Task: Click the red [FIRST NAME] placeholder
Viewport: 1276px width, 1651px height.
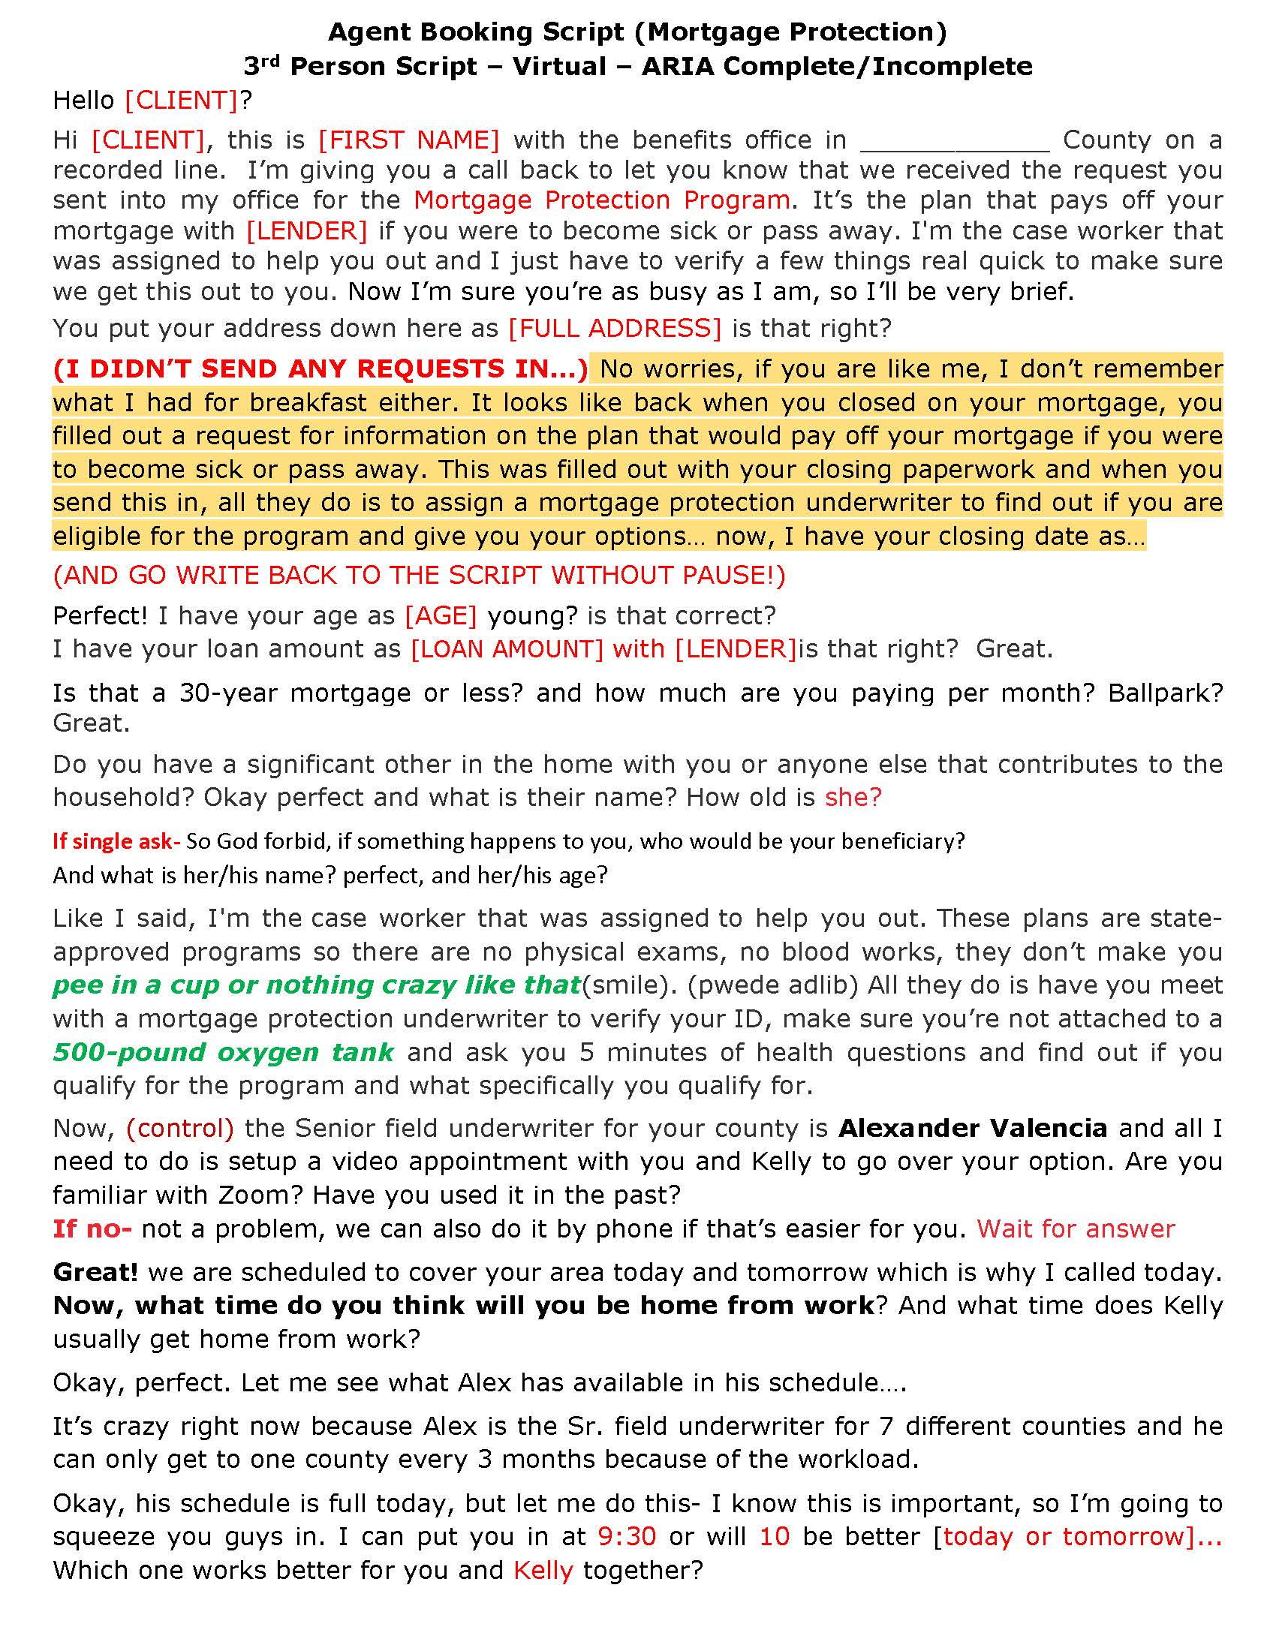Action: pyautogui.click(x=408, y=140)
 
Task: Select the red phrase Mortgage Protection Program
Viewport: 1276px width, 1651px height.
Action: pyautogui.click(x=602, y=200)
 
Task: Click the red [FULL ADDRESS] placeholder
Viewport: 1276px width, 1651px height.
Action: pyautogui.click(x=615, y=328)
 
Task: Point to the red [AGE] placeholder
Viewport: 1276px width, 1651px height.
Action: pyautogui.click(x=441, y=616)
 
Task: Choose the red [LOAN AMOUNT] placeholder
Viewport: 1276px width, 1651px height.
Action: pyautogui.click(x=507, y=649)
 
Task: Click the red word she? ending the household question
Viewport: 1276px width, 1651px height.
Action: pyautogui.click(x=853, y=798)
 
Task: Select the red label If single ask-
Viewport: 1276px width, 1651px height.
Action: pyautogui.click(x=116, y=841)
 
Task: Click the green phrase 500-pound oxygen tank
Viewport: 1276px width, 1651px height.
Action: pyautogui.click(x=223, y=1052)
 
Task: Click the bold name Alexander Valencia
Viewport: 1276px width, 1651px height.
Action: pyautogui.click(x=973, y=1129)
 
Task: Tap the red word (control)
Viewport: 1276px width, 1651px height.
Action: pyautogui.click(x=180, y=1129)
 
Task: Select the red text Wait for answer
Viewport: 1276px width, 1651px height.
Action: pyautogui.click(x=1076, y=1229)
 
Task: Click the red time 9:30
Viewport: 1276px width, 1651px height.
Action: pyautogui.click(x=627, y=1537)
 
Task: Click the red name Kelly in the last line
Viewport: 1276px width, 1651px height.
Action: pyautogui.click(x=543, y=1571)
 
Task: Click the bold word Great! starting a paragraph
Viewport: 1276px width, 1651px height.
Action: pyautogui.click(x=95, y=1272)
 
